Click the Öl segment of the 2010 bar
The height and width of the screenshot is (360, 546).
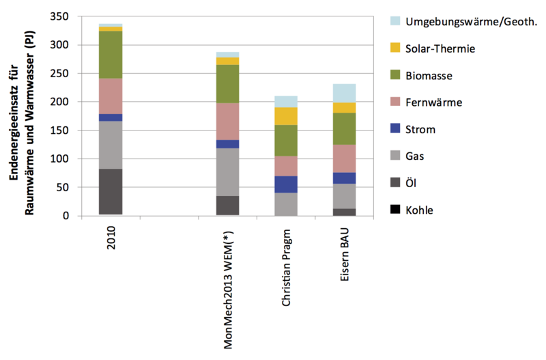(110, 191)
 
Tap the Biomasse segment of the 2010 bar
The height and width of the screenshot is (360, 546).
(110, 55)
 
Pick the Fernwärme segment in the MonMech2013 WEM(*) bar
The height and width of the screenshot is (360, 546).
(227, 121)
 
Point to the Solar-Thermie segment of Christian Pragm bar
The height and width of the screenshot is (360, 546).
(286, 116)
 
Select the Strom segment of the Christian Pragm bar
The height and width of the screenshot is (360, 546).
(286, 184)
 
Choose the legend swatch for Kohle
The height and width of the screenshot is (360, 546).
(388, 210)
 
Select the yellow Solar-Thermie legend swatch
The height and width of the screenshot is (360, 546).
(388, 49)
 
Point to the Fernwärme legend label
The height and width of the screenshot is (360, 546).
(434, 102)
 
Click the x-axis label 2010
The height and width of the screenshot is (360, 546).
(110, 236)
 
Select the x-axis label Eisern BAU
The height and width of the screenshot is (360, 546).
(345, 253)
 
